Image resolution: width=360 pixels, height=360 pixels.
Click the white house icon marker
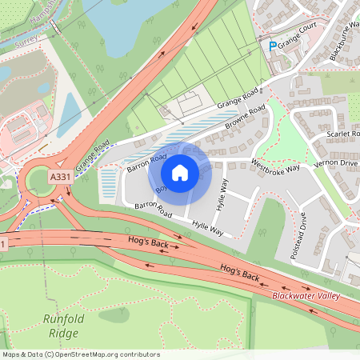(180, 172)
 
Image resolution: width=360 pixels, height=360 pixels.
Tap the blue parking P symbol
(273, 46)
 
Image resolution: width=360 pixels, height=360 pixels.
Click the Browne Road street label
(244, 120)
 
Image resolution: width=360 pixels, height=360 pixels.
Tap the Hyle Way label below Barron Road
(207, 228)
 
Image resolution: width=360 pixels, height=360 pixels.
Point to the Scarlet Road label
(343, 134)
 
